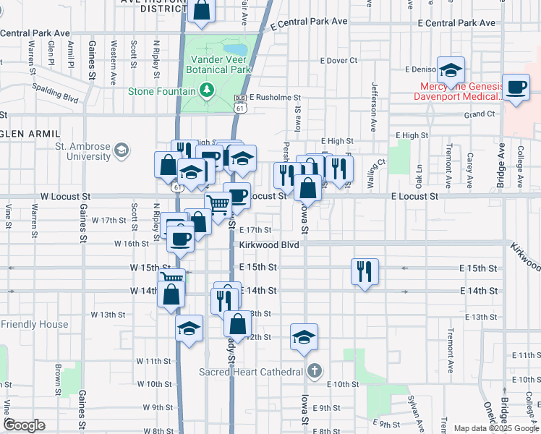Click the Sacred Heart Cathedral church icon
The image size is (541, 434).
[x=313, y=372]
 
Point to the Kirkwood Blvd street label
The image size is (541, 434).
[x=269, y=245]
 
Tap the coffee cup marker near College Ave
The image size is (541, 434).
[x=516, y=88]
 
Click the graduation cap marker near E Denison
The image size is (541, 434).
[x=451, y=71]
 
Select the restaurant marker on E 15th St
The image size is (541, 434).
[x=364, y=271]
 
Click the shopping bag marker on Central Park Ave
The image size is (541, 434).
[x=202, y=11]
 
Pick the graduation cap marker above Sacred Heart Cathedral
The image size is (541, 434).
[x=304, y=336]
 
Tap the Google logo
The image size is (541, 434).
[x=25, y=425]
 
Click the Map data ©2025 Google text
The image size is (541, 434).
[x=496, y=428]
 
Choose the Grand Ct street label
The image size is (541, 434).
[x=480, y=114]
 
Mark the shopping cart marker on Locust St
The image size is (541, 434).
[x=218, y=205]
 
